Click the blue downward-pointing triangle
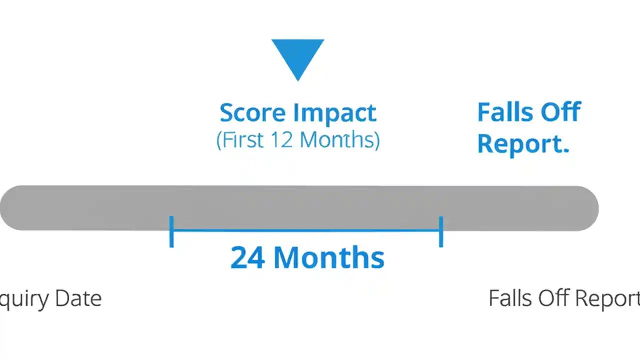point(298,56)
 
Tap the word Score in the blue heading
point(253,113)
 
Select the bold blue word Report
point(523,143)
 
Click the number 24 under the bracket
point(248,258)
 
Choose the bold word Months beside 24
point(329,258)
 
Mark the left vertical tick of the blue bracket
point(171,231)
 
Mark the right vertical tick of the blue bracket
point(440,231)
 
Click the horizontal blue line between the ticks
point(306,230)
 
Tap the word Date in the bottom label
point(78,298)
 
